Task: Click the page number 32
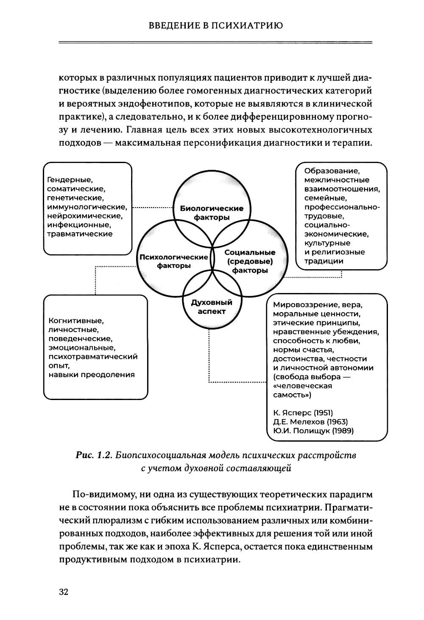point(64,592)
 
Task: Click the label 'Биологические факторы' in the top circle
point(212,213)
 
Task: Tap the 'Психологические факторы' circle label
point(174,261)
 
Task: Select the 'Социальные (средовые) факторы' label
point(250,261)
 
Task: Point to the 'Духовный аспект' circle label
point(212,307)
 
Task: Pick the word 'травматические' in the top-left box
point(80,234)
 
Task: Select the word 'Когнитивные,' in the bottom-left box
point(76,321)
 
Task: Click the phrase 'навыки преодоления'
point(91,375)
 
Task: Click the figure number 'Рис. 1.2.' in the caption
point(93,456)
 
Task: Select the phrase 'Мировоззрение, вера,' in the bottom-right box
point(318,305)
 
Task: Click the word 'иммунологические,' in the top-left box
point(87,207)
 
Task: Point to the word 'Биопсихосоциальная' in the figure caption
point(163,456)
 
